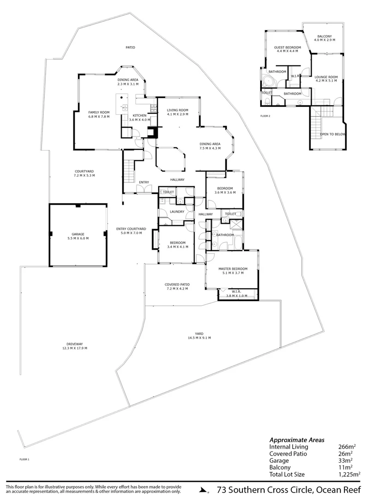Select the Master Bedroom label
233,269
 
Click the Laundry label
177,212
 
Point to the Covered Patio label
177,285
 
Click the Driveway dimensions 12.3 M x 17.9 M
75,348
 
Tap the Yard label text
199,333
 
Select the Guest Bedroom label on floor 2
287,47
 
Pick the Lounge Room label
326,77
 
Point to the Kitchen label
140,115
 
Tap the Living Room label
178,110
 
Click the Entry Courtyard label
131,229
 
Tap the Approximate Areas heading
297,439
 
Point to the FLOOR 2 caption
265,116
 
